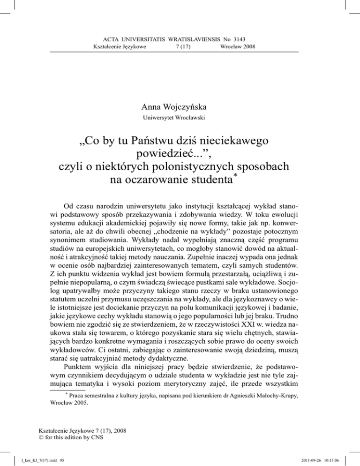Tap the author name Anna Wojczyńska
coord(180,94)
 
